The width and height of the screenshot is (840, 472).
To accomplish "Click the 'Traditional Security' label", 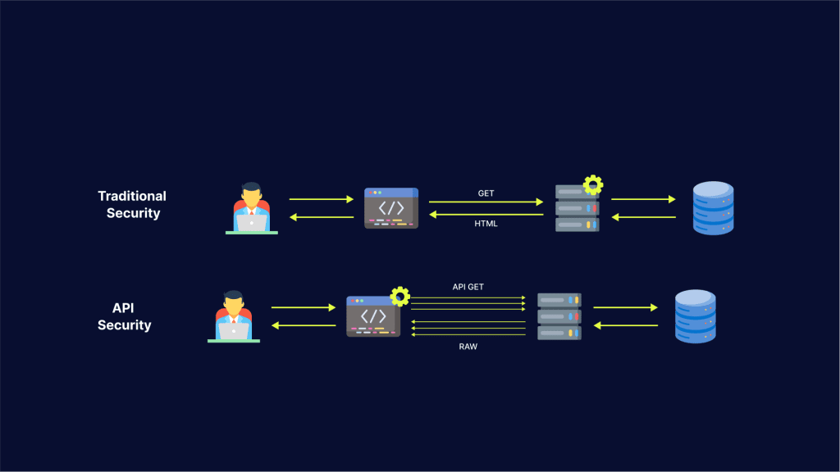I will (132, 204).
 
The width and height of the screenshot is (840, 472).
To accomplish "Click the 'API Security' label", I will (124, 316).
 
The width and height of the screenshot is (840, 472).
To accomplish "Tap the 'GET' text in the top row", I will (486, 193).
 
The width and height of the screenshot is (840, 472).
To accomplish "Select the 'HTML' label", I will (486, 224).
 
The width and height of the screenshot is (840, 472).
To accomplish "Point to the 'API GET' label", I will (468, 288).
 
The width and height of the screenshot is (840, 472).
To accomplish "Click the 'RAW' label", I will (468, 347).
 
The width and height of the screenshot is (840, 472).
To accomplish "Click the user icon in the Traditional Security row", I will (252, 208).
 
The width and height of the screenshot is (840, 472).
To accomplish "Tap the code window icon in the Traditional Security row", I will (391, 208).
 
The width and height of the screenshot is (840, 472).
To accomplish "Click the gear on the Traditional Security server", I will (592, 184).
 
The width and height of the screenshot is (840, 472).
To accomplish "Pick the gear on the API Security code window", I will (399, 296).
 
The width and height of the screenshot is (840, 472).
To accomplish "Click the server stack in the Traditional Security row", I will (577, 209).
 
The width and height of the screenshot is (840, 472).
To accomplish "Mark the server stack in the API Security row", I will (559, 316).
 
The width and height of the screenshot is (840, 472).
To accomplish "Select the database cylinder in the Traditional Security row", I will (713, 208).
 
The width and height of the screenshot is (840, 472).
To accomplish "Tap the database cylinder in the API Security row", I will (695, 316).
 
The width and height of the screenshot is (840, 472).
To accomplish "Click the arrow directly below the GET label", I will (486, 202).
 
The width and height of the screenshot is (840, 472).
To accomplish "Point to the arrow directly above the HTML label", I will (486, 215).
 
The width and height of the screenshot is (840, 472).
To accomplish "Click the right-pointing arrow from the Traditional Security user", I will (321, 199).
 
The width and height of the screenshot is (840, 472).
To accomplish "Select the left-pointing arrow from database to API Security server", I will (625, 326).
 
